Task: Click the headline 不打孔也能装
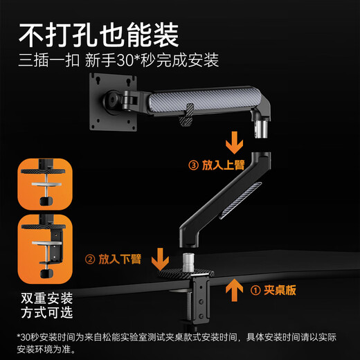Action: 99,32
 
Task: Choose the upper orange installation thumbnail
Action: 44,183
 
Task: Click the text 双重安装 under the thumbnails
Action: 45,298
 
